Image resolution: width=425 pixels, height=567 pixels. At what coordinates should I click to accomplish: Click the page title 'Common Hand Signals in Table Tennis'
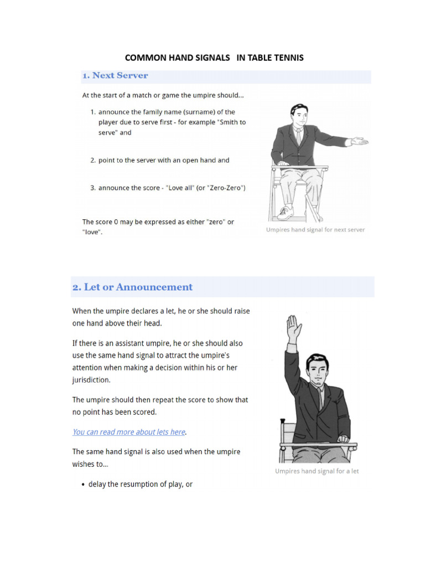click(x=214, y=58)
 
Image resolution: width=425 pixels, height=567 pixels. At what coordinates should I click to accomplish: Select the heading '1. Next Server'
click(x=115, y=75)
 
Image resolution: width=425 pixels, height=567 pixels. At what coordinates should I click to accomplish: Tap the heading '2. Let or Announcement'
click(x=132, y=287)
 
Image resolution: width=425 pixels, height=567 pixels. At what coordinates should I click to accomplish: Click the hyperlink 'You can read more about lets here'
click(x=129, y=432)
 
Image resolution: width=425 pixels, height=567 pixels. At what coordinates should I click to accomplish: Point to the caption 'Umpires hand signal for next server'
click(x=315, y=230)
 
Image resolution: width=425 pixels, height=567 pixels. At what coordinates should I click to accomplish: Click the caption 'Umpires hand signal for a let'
click(x=317, y=471)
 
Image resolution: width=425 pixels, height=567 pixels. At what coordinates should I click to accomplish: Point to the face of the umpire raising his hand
click(x=317, y=369)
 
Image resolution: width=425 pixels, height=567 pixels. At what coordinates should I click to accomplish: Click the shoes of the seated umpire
click(x=286, y=212)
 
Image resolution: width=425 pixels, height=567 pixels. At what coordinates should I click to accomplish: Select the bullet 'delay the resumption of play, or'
click(x=140, y=484)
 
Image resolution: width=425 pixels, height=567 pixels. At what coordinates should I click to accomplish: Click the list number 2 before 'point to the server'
click(x=93, y=161)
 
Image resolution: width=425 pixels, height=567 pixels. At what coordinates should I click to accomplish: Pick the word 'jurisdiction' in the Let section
click(x=91, y=380)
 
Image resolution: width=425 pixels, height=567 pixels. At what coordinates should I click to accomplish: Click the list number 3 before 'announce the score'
click(x=93, y=188)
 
